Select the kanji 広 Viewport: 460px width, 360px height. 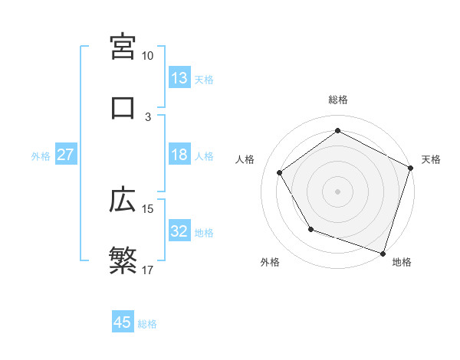[123, 200]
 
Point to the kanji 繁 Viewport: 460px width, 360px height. [123, 261]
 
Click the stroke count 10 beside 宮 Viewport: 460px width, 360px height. [148, 55]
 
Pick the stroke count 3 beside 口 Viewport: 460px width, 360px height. [148, 116]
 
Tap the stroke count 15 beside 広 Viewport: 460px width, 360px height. [148, 208]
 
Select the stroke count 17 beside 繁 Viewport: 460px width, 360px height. [148, 270]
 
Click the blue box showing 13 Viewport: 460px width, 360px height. [179, 78]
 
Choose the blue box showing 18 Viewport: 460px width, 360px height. [179, 155]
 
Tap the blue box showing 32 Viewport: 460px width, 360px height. [179, 231]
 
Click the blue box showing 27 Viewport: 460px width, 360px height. [66, 155]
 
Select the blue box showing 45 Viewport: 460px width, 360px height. [123, 322]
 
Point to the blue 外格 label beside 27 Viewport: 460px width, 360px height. [41, 155]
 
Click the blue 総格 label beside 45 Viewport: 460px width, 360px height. [147, 323]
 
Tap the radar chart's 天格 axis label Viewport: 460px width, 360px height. [431, 159]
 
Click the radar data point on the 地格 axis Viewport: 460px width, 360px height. [383, 252]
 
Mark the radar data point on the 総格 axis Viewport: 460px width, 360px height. [337, 130]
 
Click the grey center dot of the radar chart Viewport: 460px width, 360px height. [337, 191]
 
